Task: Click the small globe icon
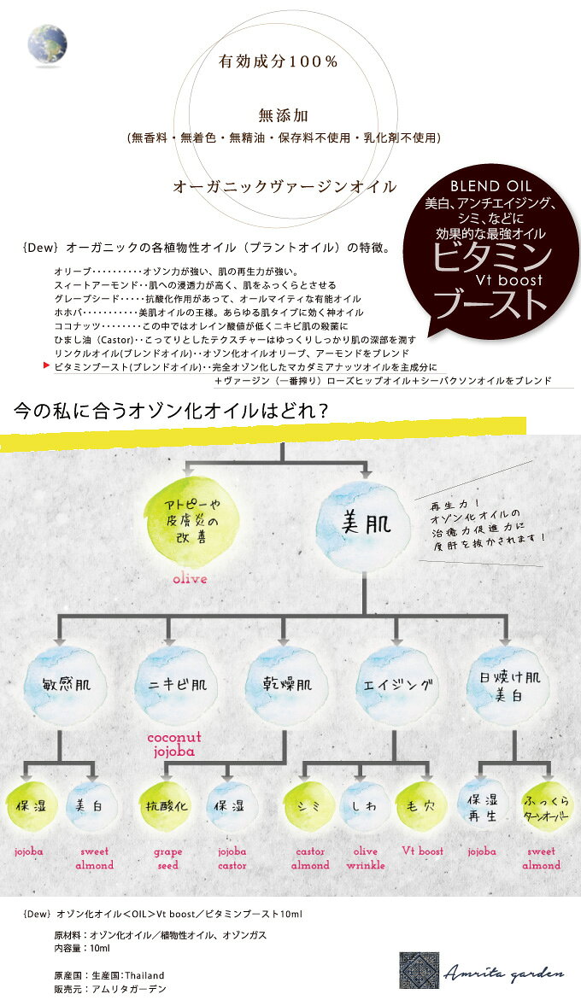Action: click(x=47, y=45)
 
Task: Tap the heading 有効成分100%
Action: click(x=278, y=61)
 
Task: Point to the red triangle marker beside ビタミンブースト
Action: click(x=46, y=366)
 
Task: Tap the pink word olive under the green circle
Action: click(x=190, y=579)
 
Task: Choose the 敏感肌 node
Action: click(x=67, y=685)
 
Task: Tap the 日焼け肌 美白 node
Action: click(x=509, y=685)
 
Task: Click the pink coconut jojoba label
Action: click(x=174, y=745)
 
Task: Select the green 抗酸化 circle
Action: click(x=167, y=805)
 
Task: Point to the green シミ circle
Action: click(x=309, y=805)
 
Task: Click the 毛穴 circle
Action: click(x=421, y=805)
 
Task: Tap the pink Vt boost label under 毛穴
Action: click(x=422, y=851)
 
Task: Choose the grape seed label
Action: click(x=167, y=858)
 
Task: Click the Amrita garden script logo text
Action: click(x=504, y=974)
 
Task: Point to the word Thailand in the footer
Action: click(x=144, y=975)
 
